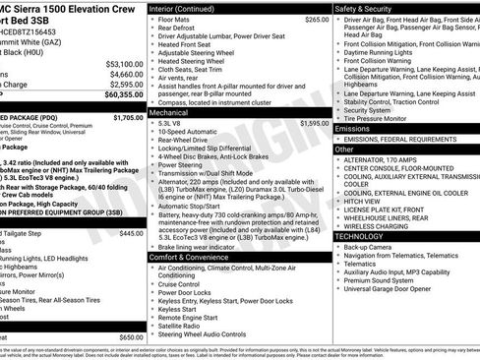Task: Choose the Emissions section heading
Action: (x=354, y=128)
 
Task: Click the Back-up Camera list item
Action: (x=373, y=246)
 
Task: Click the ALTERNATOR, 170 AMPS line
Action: (x=388, y=161)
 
